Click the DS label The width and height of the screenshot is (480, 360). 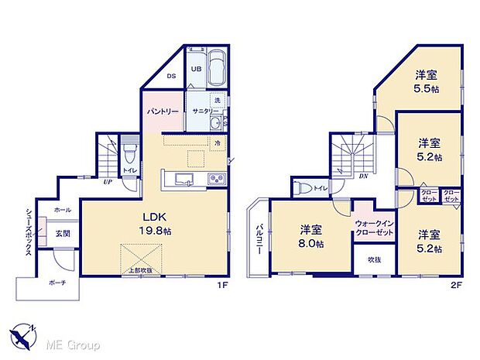click(172, 76)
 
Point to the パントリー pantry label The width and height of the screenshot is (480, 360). click(163, 111)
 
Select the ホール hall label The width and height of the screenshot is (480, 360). click(62, 210)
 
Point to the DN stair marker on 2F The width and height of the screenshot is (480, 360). click(363, 177)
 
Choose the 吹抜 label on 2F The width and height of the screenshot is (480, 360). click(374, 259)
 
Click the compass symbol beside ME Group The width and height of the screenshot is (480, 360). click(25, 334)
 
